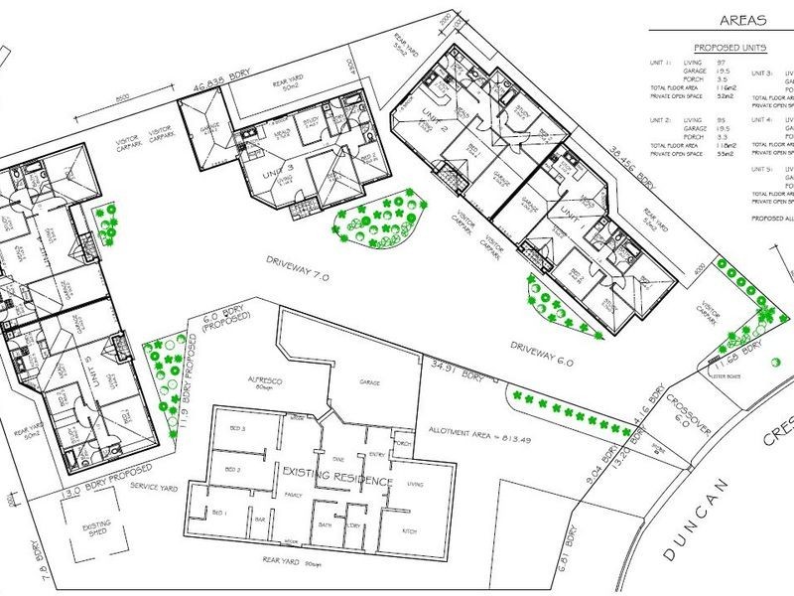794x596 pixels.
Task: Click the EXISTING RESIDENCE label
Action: pyautogui.click(x=336, y=483)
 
